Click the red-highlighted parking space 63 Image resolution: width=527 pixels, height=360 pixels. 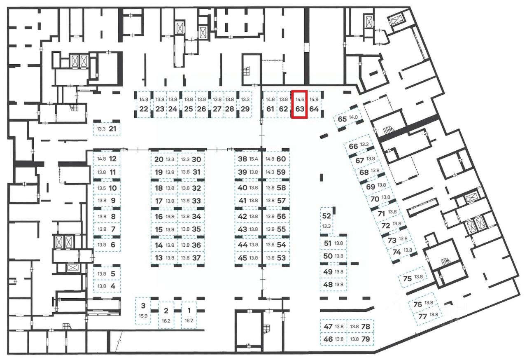[299, 105]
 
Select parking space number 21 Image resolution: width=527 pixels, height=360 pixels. [107, 129]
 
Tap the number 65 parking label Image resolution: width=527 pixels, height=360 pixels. [342, 119]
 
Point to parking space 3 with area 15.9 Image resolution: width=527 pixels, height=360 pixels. [143, 310]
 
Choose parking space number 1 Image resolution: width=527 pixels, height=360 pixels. [189, 315]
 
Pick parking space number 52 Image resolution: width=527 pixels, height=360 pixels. [326, 220]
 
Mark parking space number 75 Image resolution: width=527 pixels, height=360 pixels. [413, 278]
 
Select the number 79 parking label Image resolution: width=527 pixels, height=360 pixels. [365, 339]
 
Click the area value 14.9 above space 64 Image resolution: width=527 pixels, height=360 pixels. [314, 99]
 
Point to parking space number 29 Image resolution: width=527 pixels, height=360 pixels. [245, 109]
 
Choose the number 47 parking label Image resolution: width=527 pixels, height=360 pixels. [328, 327]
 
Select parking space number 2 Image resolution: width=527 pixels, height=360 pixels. [166, 315]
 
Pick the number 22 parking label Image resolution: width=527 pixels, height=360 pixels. [143, 109]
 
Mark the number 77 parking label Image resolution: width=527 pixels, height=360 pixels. [422, 317]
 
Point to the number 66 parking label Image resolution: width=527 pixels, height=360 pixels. [353, 146]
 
